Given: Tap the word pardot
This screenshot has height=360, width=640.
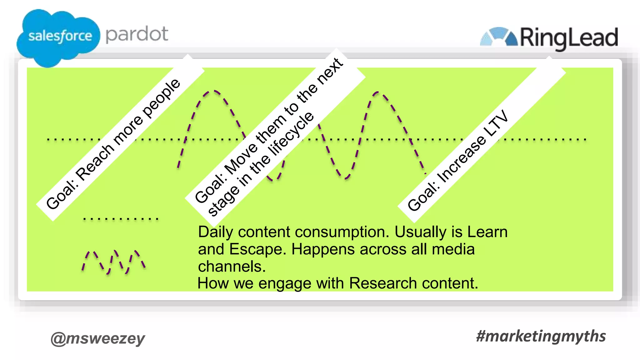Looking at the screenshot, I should (x=137, y=34).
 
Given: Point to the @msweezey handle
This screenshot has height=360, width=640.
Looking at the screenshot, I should (x=98, y=338).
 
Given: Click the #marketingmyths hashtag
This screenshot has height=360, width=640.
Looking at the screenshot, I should (x=541, y=336).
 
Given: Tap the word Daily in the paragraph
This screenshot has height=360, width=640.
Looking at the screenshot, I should (x=216, y=232).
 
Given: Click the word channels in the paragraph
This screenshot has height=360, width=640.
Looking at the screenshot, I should (x=232, y=267).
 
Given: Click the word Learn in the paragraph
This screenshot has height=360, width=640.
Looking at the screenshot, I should (x=487, y=232).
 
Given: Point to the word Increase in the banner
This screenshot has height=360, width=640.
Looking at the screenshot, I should (x=462, y=159).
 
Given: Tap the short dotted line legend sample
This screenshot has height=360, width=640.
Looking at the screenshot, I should (x=121, y=219).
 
